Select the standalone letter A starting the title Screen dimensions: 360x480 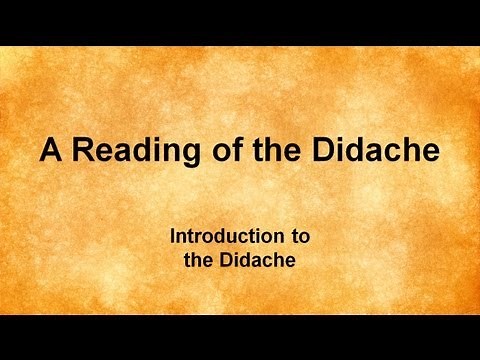point(52,151)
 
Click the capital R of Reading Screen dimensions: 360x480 point(81,151)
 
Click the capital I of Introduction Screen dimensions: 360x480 point(173,238)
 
